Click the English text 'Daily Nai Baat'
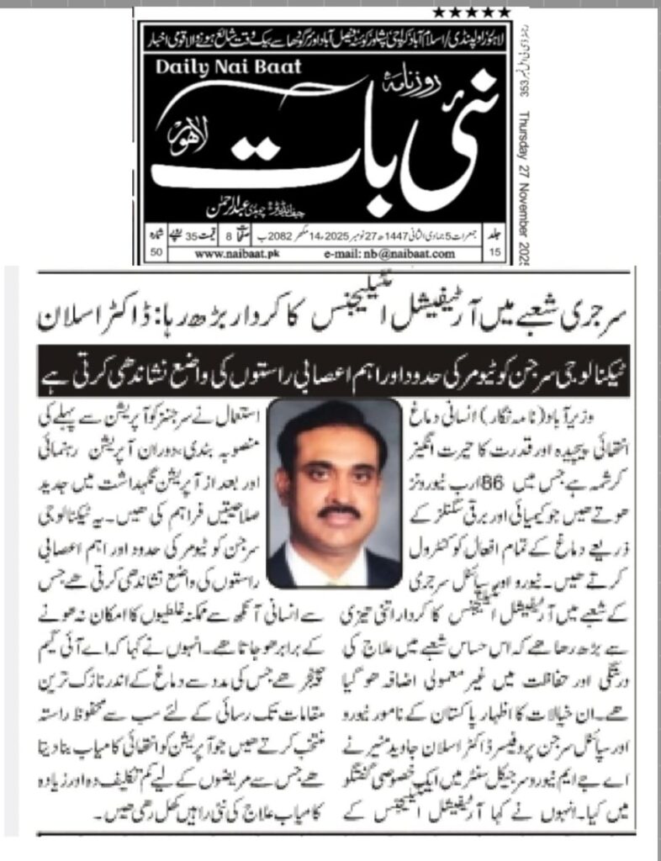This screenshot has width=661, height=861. [227, 67]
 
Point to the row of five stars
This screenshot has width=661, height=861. [472, 12]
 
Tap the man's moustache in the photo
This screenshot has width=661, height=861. [341, 510]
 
